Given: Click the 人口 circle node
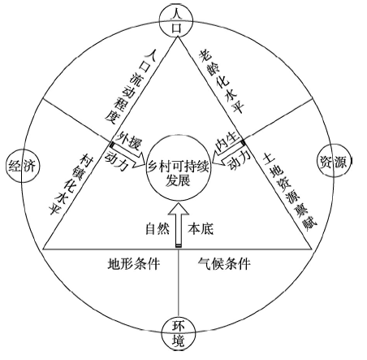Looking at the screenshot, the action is coord(176,21).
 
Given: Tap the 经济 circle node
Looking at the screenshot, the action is coord(23,166).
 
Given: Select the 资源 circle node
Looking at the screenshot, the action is coord(334,161).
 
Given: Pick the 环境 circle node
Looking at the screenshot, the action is coord(178,334).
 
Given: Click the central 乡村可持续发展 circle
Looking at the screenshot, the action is coord(179,167).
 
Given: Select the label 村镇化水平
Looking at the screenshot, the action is coord(71,184).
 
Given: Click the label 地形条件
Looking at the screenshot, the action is coord(134,263).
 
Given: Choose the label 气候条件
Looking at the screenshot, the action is coord(224,263).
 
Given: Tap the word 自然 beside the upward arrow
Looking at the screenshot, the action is coord(158,229).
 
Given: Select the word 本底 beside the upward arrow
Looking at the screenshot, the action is coord(201,229).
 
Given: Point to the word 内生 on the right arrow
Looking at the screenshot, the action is coord(228,141).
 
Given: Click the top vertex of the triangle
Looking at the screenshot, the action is coord(178,37).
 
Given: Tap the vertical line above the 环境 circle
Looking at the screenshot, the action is coord(179,283).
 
